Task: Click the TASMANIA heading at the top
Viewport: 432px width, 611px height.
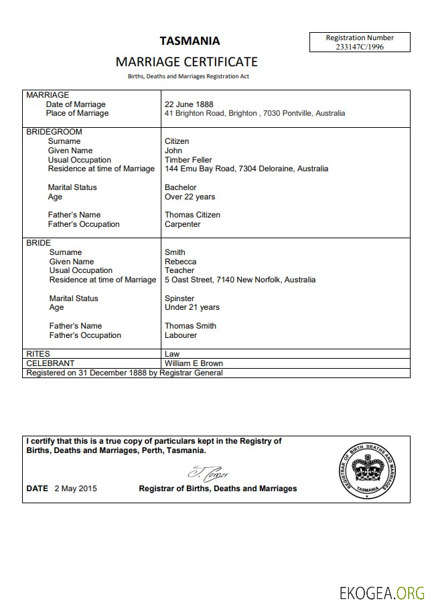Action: click(x=189, y=41)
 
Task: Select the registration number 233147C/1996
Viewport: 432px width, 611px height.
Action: click(x=360, y=47)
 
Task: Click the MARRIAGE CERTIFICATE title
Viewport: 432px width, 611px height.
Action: click(x=186, y=62)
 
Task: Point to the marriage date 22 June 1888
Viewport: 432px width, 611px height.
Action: click(x=189, y=104)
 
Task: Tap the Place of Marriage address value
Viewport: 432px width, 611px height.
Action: click(x=255, y=114)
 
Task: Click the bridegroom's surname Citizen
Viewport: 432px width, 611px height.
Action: click(x=177, y=141)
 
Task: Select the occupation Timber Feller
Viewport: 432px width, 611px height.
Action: click(x=188, y=160)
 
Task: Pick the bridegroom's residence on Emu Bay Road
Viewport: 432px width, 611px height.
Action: click(x=246, y=169)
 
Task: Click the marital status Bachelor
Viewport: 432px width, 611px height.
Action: click(x=181, y=187)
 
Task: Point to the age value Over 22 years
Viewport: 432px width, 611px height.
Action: click(x=190, y=197)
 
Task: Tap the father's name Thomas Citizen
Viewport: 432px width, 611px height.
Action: click(x=192, y=215)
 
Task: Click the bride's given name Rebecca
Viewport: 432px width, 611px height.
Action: click(x=181, y=262)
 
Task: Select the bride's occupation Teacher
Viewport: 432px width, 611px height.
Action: click(x=179, y=270)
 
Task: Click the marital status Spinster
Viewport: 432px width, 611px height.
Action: click(x=179, y=298)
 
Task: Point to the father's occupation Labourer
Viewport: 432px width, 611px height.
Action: click(x=181, y=335)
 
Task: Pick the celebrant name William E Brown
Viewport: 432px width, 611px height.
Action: click(x=194, y=363)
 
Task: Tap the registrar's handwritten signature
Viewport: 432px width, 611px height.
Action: click(x=208, y=473)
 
